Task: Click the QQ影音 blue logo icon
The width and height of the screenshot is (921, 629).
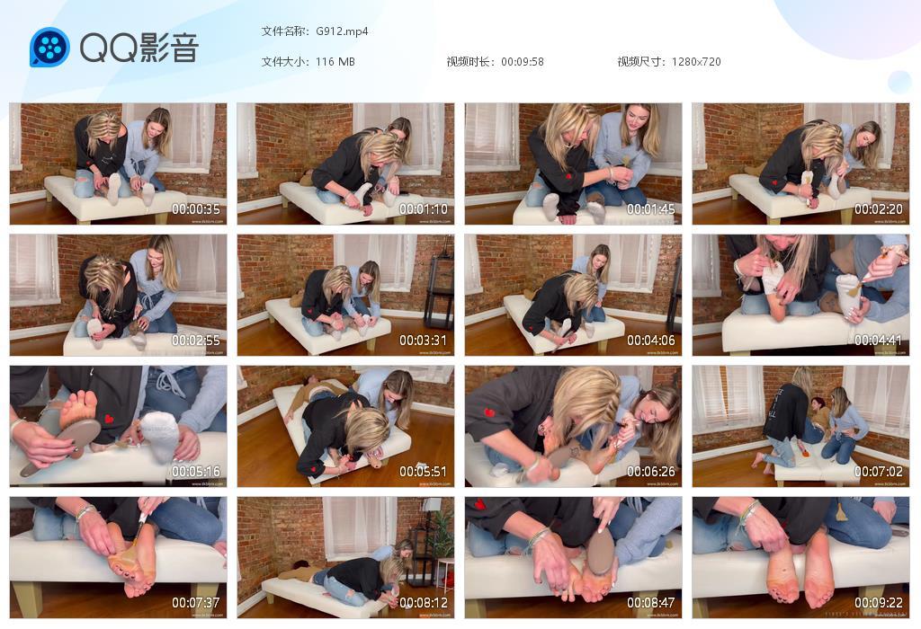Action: pyautogui.click(x=49, y=48)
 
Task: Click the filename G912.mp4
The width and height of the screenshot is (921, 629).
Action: pyautogui.click(x=342, y=31)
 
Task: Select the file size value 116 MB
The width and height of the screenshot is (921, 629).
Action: pyautogui.click(x=335, y=62)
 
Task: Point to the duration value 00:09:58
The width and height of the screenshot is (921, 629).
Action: pyautogui.click(x=523, y=62)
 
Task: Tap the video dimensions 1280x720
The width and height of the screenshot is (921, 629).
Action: pyautogui.click(x=696, y=62)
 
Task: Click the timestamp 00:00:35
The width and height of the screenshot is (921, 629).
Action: pyautogui.click(x=197, y=209)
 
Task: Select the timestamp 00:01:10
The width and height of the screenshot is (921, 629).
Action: pyautogui.click(x=425, y=209)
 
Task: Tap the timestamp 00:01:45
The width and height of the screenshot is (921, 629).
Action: pyautogui.click(x=652, y=209)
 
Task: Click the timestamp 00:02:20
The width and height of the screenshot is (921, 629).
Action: pyautogui.click(x=880, y=209)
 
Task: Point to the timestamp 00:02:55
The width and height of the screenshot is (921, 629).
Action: pyautogui.click(x=197, y=341)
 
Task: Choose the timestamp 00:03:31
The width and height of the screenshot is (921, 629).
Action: pyautogui.click(x=425, y=341)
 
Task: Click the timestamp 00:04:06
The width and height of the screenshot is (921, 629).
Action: pyautogui.click(x=652, y=341)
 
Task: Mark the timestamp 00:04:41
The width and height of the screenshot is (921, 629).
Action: pyautogui.click(x=880, y=341)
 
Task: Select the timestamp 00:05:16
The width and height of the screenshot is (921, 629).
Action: pyautogui.click(x=197, y=472)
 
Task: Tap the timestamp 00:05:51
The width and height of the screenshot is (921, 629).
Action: pyautogui.click(x=425, y=472)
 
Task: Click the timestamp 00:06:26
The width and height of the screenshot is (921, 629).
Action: pyautogui.click(x=652, y=472)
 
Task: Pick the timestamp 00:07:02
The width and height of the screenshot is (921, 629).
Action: pyautogui.click(x=880, y=472)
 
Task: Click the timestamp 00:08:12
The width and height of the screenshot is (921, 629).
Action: pyautogui.click(x=425, y=603)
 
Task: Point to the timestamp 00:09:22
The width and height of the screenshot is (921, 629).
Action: pyautogui.click(x=880, y=603)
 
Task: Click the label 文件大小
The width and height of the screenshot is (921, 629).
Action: pyautogui.click(x=285, y=62)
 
